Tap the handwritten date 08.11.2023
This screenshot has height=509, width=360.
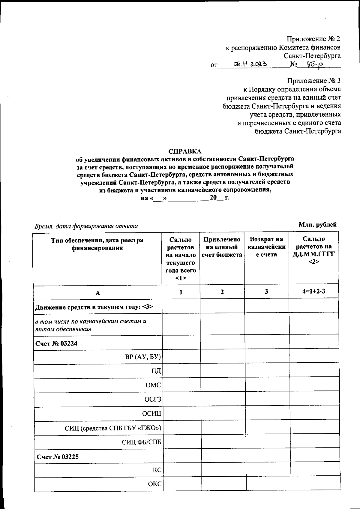click(251, 64)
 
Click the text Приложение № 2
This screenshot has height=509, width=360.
click(313, 39)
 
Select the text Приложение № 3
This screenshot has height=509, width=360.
click(313, 81)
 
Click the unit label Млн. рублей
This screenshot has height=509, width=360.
click(317, 225)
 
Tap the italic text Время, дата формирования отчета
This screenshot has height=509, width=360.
click(86, 226)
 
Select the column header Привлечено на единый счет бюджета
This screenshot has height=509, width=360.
click(222, 247)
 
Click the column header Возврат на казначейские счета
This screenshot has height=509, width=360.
click(266, 247)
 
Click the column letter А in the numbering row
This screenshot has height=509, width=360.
click(98, 293)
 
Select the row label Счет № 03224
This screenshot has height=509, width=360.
click(56, 343)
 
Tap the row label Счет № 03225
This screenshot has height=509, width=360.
click(58, 457)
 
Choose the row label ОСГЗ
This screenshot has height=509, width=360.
click(152, 400)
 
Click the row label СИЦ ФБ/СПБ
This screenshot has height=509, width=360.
click(141, 442)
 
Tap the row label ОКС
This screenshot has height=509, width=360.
click(154, 484)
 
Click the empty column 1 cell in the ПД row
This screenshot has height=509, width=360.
click(181, 371)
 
